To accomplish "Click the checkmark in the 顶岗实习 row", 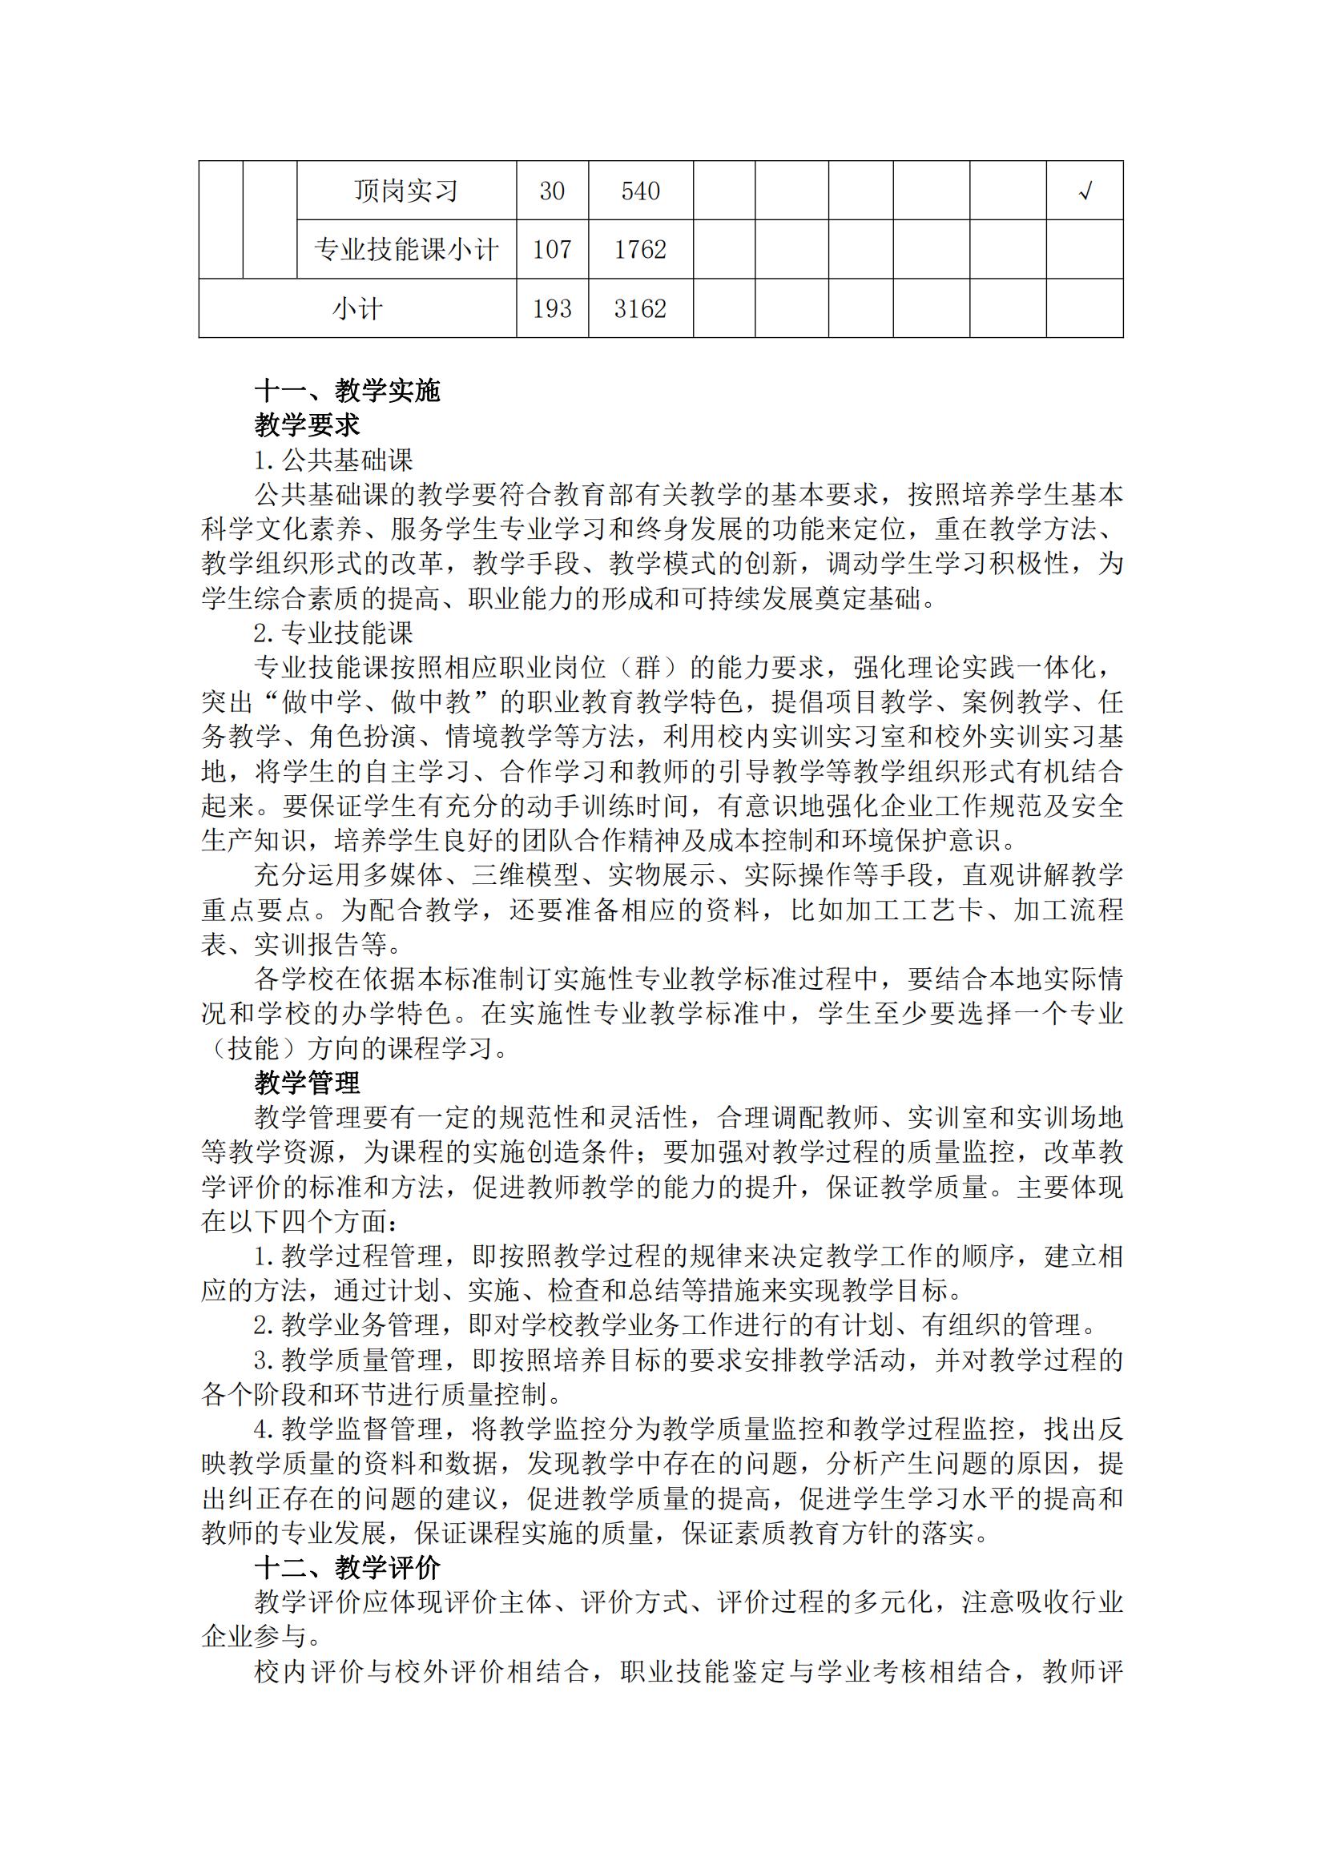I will click(1085, 191).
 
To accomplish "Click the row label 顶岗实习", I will click(405, 191).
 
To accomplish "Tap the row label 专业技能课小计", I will click(405, 250).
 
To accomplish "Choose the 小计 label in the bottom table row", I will click(356, 309).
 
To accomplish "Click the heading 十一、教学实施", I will click(347, 391).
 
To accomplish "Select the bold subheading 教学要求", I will click(307, 425).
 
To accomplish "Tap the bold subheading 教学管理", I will click(307, 1083).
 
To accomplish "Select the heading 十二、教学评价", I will click(347, 1568).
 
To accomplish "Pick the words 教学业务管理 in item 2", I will click(360, 1325).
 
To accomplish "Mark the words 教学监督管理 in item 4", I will click(360, 1429).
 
